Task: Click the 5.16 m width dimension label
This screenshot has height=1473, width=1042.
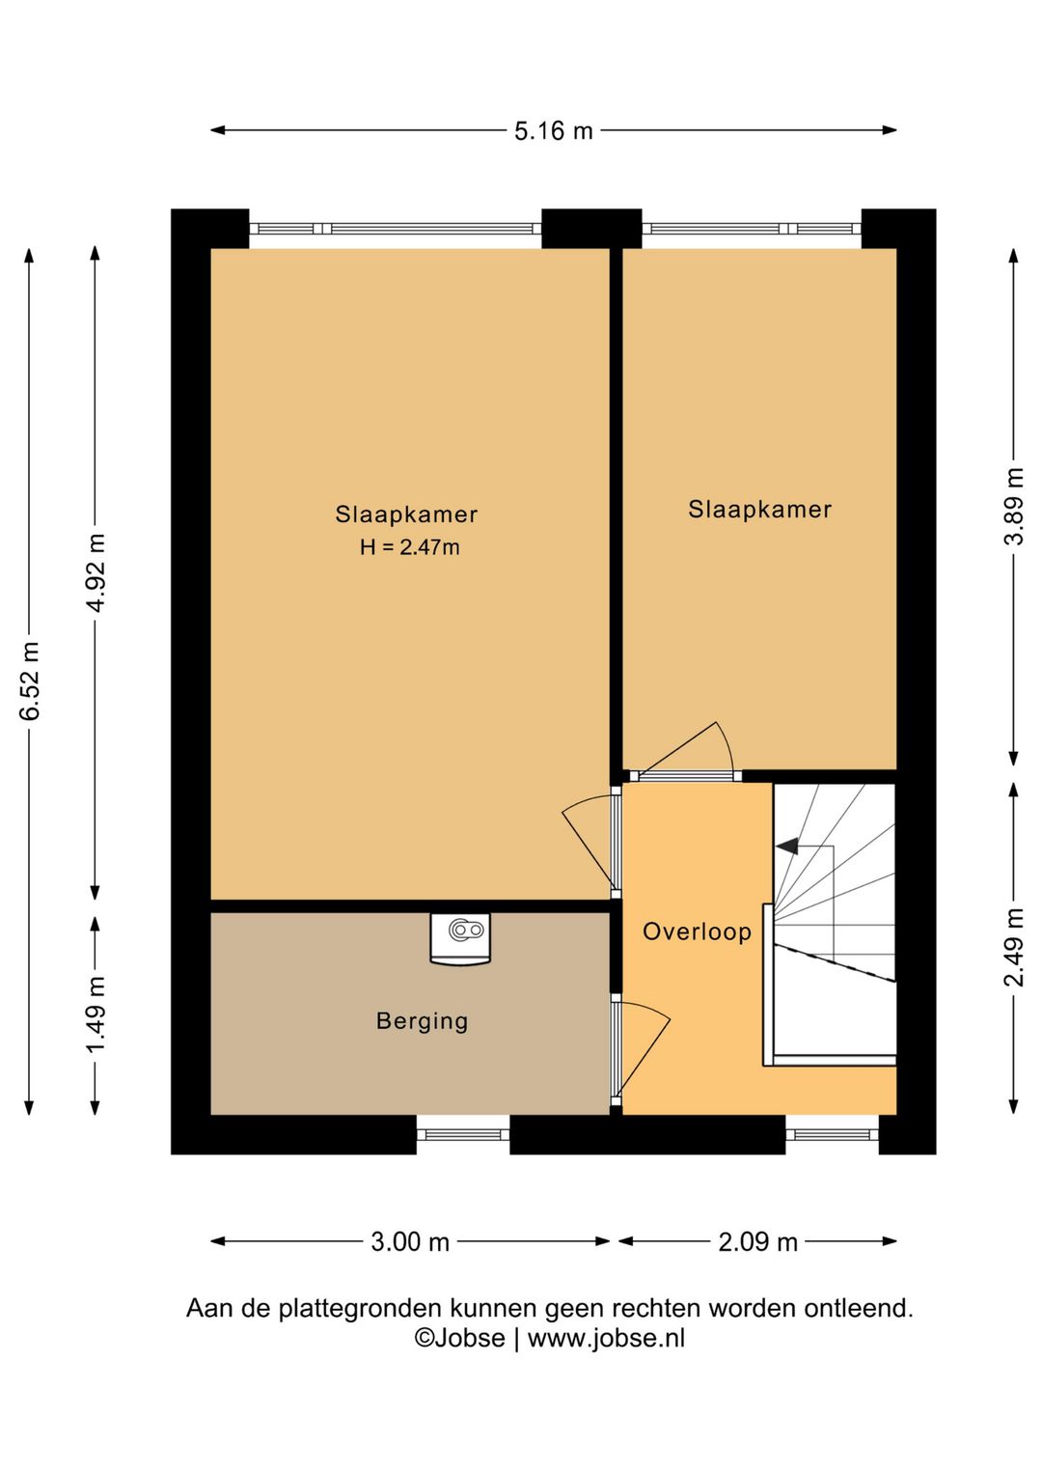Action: (553, 131)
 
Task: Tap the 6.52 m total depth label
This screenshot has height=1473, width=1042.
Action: (30, 681)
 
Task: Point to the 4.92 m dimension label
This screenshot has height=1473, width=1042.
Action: (96, 572)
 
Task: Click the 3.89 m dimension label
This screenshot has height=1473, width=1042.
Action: (1014, 507)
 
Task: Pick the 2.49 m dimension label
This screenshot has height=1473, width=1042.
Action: (1014, 948)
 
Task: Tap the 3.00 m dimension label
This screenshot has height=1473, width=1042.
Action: (410, 1242)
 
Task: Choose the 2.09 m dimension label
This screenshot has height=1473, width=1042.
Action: (757, 1242)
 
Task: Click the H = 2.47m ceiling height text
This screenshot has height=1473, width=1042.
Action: (410, 546)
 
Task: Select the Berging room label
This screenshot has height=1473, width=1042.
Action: (422, 1021)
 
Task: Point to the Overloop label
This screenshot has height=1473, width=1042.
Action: (697, 931)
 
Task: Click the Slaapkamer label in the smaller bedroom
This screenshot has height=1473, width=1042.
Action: (759, 509)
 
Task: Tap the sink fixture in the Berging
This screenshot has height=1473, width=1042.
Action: (460, 938)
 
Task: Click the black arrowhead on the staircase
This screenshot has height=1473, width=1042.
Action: (787, 847)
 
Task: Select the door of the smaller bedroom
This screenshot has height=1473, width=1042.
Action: (686, 752)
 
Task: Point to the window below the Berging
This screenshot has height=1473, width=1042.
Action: (463, 1134)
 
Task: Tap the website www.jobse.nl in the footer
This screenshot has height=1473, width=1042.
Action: (606, 1338)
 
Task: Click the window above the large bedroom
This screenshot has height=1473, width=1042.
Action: (396, 229)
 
